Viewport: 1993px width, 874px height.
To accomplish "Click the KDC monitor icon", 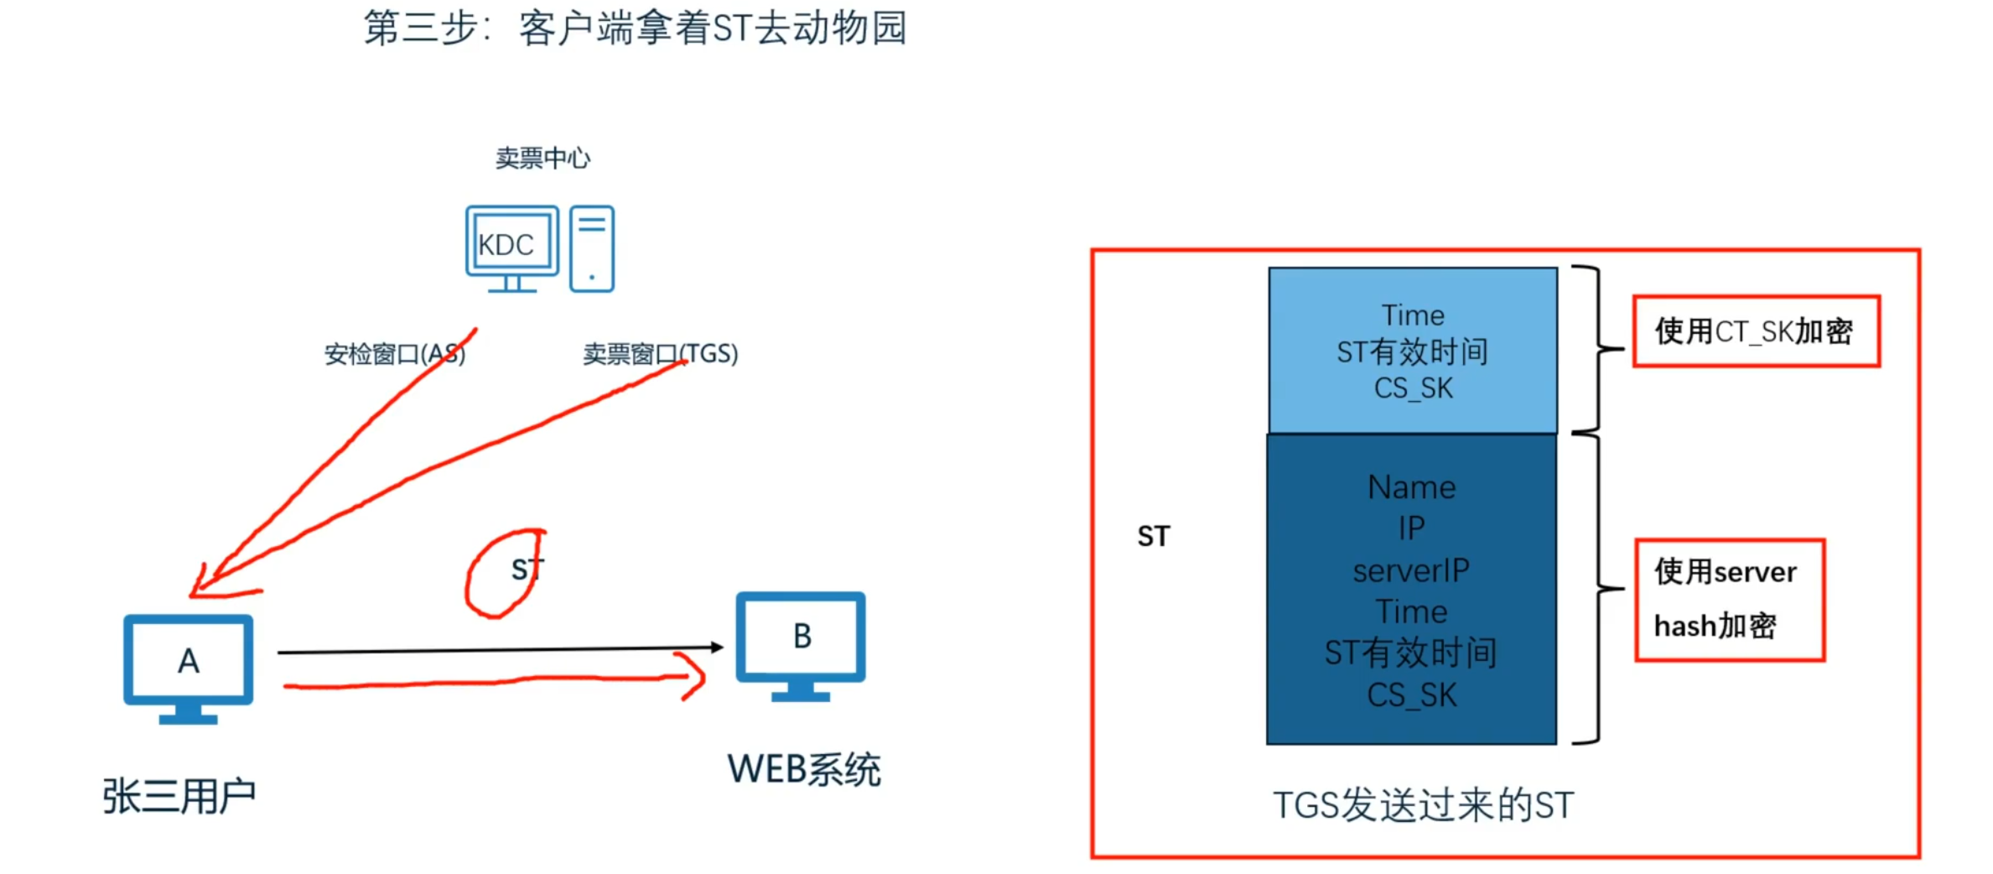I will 511,244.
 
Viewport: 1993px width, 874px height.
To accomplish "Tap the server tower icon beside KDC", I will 592,248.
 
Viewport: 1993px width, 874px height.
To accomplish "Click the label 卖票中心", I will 542,158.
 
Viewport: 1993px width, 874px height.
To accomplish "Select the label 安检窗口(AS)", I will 394,354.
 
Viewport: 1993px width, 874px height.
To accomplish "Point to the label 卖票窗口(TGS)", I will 661,354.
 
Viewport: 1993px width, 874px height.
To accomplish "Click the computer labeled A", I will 189,666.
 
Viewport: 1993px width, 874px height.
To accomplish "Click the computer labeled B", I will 801,642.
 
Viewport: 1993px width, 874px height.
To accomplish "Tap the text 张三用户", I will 179,796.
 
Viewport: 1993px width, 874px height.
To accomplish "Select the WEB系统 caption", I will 804,769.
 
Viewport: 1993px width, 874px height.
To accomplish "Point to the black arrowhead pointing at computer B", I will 717,647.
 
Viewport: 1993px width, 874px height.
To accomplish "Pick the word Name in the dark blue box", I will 1412,487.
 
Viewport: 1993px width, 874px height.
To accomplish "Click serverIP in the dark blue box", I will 1411,571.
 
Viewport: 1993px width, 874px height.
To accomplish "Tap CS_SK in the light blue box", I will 1413,388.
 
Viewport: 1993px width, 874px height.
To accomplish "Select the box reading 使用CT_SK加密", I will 1757,331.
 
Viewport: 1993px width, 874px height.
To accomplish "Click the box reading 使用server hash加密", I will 1730,600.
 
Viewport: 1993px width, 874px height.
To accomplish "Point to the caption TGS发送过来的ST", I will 1423,805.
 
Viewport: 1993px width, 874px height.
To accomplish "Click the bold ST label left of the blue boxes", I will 1154,536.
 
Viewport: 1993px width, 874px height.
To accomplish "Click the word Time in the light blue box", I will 1413,315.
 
